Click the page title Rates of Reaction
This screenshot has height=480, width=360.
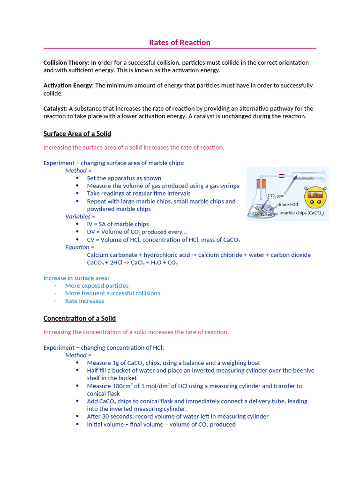coord(180,43)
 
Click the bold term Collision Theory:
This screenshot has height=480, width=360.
coord(66,63)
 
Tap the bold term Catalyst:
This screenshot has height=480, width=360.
coord(55,109)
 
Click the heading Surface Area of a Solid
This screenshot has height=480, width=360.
coord(77,134)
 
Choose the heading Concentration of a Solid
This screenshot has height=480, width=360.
coord(80,319)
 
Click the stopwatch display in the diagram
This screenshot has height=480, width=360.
coord(314,194)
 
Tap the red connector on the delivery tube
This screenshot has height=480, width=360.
coord(282,176)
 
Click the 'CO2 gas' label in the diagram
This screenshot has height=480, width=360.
coord(275,196)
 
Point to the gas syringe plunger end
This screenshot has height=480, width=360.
coord(324,176)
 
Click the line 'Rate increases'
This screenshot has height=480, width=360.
coord(84,301)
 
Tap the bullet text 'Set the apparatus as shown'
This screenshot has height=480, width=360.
coord(124,178)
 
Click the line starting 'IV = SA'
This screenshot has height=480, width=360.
coord(118,224)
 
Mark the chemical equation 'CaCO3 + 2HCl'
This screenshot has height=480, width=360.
coord(132,263)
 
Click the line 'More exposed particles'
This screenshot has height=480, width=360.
coord(97,285)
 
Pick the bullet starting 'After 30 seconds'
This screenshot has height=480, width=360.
coord(178,416)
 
